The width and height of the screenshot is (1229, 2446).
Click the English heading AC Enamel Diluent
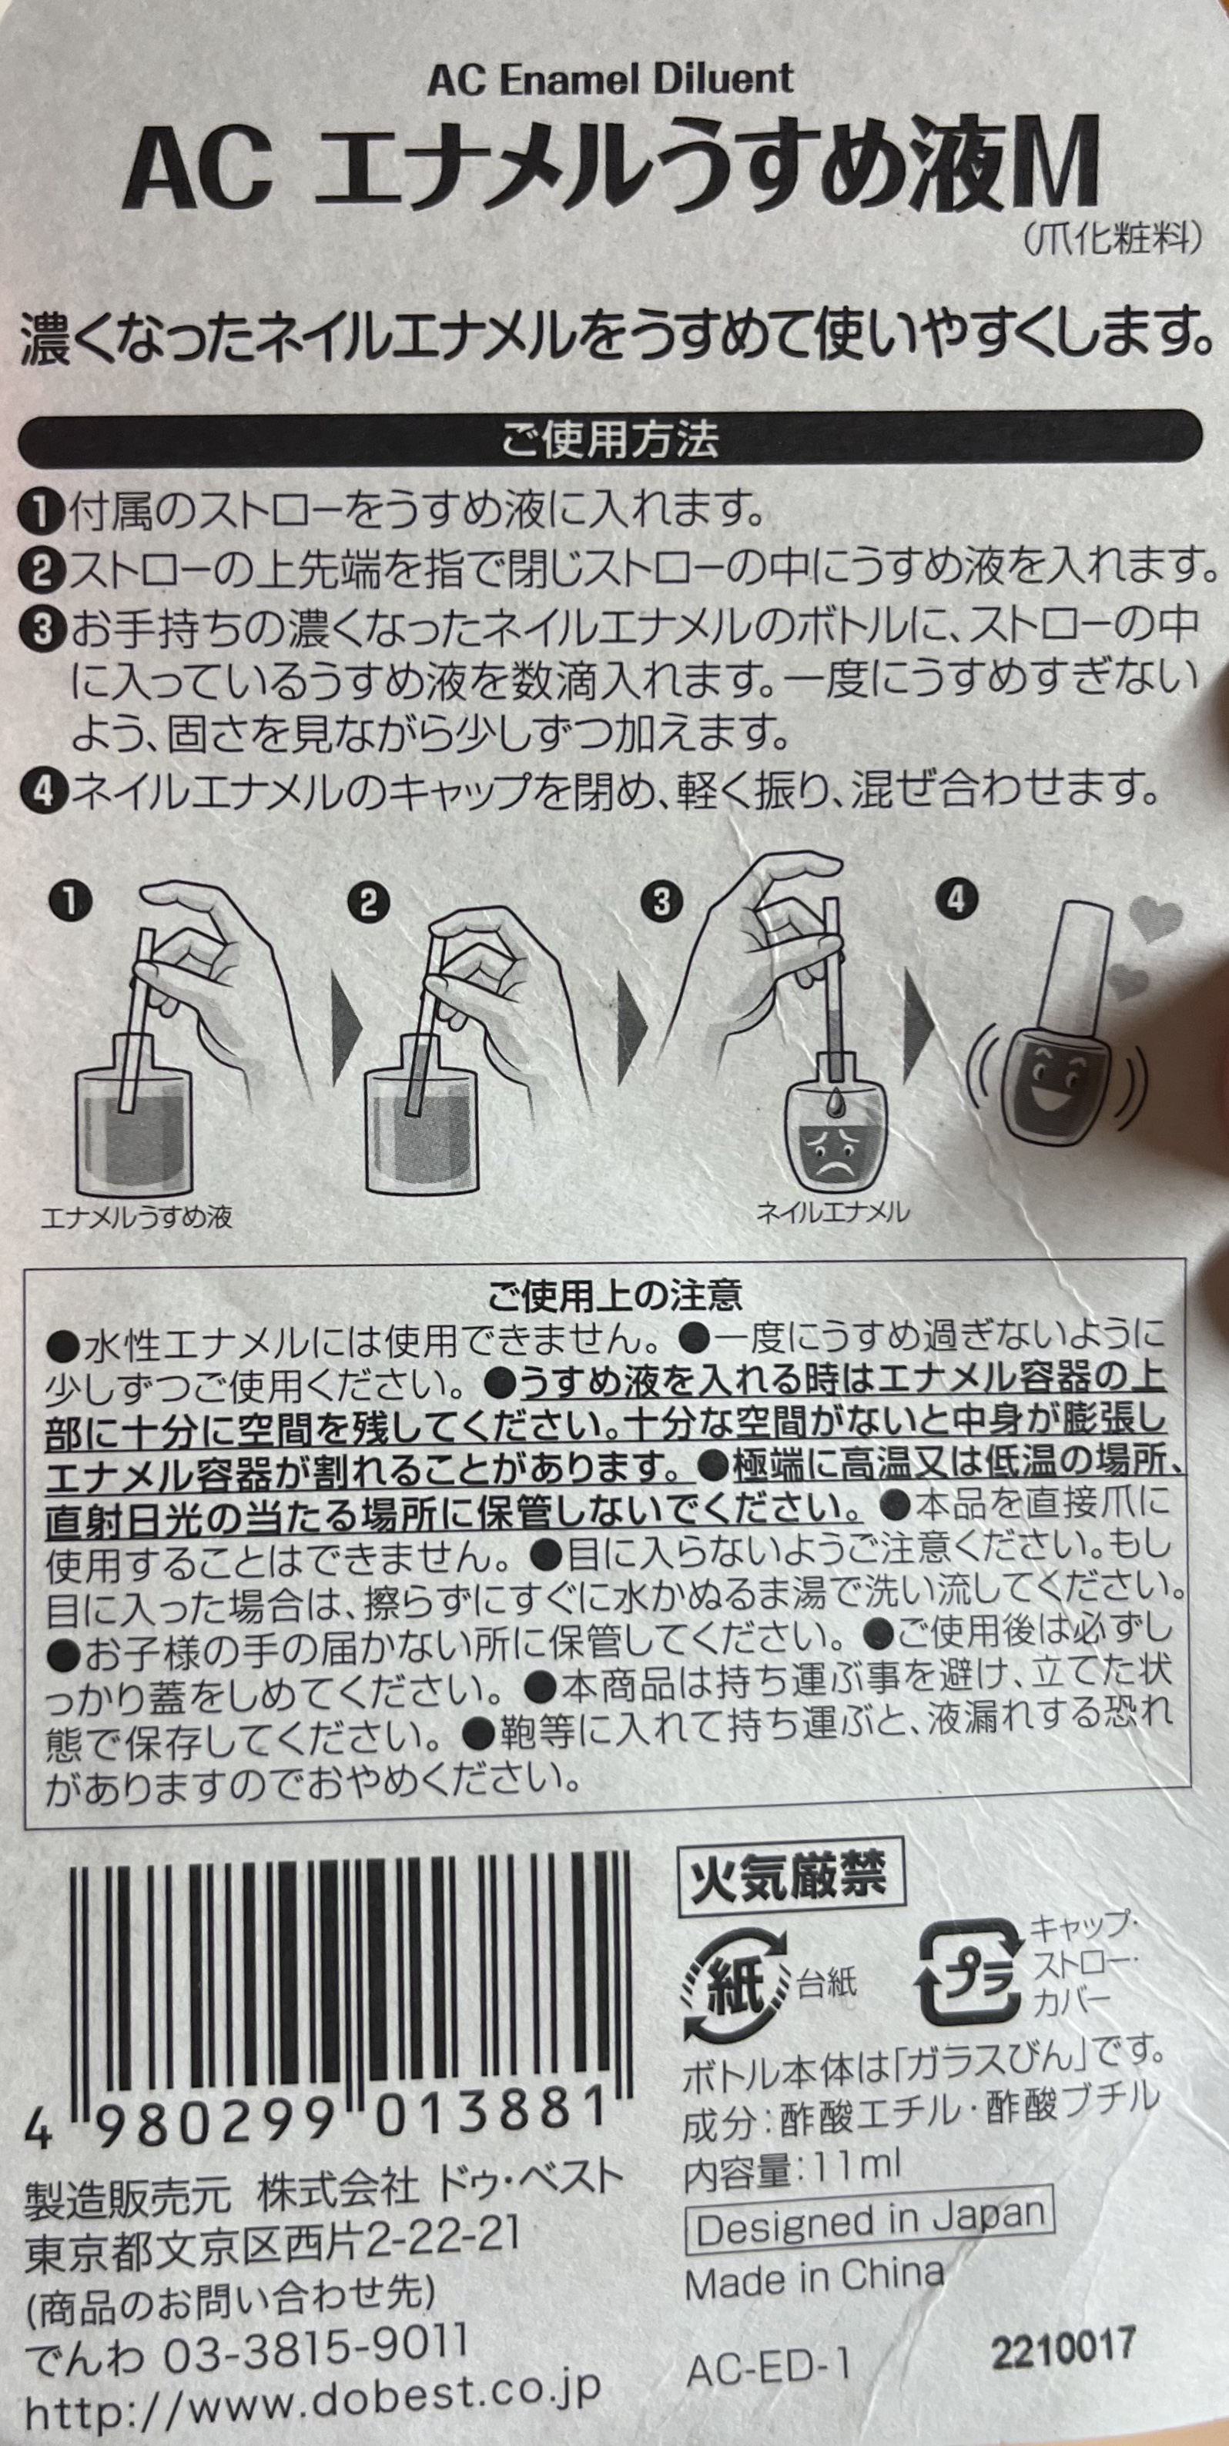click(x=610, y=78)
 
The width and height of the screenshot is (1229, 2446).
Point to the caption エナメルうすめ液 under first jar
click(x=136, y=1218)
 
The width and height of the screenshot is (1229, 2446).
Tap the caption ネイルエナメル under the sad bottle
click(x=832, y=1211)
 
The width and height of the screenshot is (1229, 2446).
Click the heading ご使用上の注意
click(x=614, y=1295)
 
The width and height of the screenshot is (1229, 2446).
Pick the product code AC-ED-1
click(x=768, y=2391)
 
